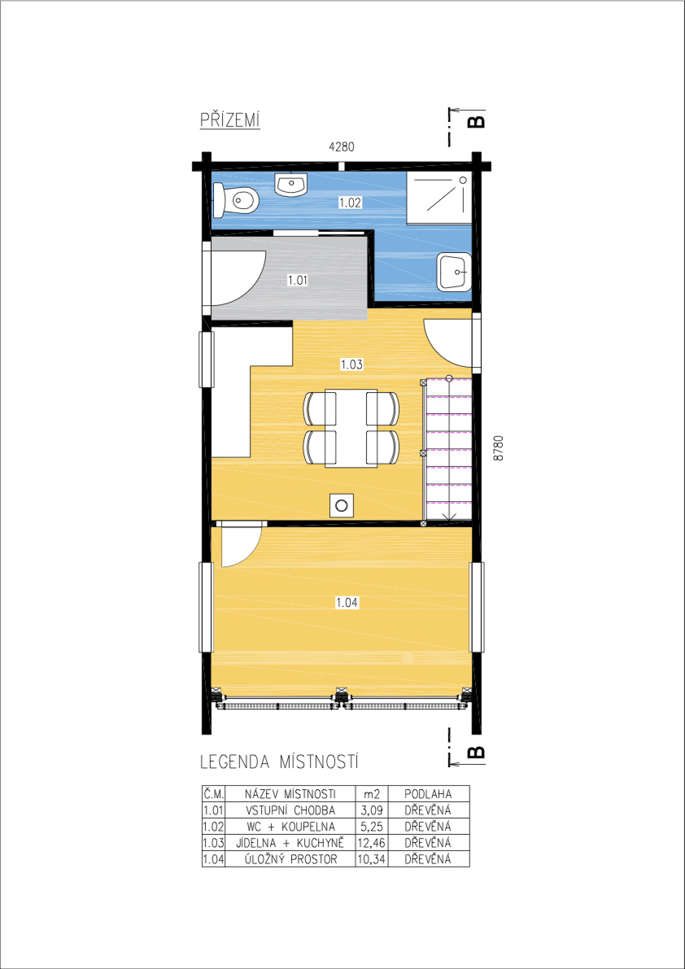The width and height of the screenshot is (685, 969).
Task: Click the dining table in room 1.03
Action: pos(351,428)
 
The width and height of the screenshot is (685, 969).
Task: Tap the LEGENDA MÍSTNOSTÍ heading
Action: pos(280,762)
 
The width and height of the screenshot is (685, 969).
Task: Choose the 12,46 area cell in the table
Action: pos(371,842)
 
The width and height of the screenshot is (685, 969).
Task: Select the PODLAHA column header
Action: pos(429,793)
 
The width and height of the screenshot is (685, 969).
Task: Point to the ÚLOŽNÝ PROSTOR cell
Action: pos(290,858)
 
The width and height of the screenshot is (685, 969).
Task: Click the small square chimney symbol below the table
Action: pos(340,505)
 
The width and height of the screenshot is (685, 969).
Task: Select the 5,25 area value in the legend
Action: pos(371,826)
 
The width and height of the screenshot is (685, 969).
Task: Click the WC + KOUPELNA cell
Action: pos(290,826)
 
